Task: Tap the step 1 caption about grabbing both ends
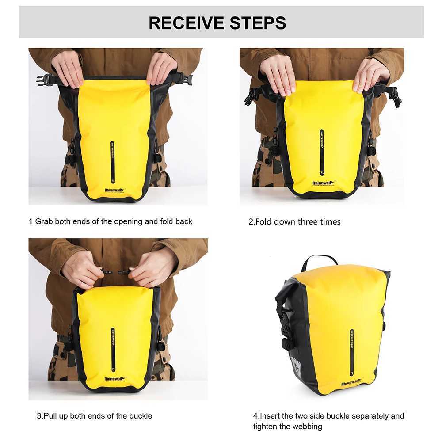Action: [110, 221]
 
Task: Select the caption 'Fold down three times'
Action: [294, 221]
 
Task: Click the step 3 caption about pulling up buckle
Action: [94, 415]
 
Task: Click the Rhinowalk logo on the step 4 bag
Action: [351, 382]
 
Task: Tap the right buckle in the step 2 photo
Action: [395, 96]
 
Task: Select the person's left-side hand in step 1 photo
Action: [68, 69]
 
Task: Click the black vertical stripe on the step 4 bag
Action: [352, 349]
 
